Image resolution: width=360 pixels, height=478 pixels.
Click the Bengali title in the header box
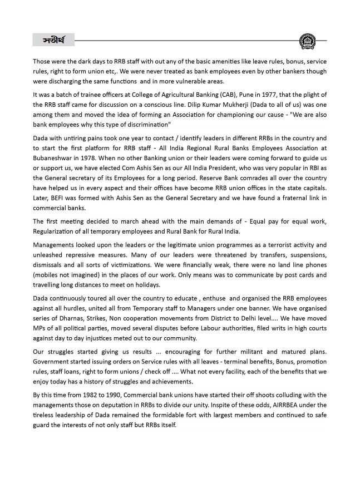pos(53,41)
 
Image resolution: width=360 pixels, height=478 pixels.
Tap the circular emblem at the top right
pos(307,41)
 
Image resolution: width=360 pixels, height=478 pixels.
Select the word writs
pos(255,328)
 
